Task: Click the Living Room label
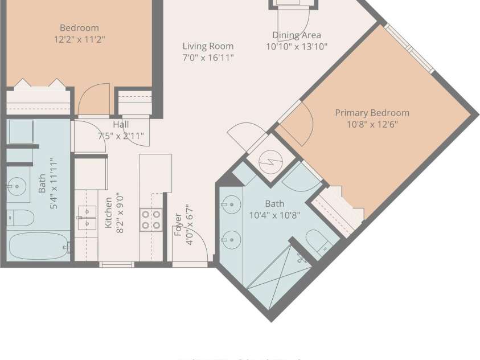coord(208,46)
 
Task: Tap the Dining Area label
coord(297,35)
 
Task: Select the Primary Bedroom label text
coord(372,113)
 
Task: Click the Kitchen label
coord(108,212)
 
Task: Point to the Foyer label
coord(178,224)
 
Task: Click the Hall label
coord(121,124)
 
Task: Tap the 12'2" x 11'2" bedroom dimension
coord(80,39)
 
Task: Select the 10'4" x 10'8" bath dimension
coord(274,215)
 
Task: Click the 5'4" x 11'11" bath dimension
coord(54,183)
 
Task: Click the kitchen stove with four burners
coord(151,219)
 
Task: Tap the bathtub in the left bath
coord(39,246)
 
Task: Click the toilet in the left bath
coord(20,218)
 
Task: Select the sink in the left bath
coord(17,186)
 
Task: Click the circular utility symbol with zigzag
coord(270,161)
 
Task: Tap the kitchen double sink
coord(87,218)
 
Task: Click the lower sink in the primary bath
coord(231,240)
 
